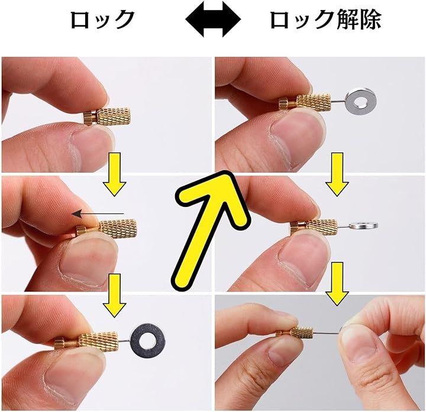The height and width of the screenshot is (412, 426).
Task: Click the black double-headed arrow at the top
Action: tap(213, 20)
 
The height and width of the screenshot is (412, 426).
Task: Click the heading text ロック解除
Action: tap(325, 20)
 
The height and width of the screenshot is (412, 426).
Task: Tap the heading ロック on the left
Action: tap(103, 20)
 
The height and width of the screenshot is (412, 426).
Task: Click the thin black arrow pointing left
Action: tap(98, 214)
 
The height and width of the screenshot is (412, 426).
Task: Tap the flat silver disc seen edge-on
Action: tap(363, 225)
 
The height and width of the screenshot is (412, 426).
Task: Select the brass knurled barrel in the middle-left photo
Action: tap(118, 229)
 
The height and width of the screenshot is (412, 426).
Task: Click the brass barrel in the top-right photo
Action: tap(314, 102)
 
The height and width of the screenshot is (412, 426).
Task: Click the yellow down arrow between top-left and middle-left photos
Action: tap(114, 174)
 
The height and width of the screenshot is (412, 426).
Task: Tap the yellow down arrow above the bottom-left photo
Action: tap(114, 296)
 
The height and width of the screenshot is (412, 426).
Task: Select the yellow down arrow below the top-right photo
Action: tap(337, 174)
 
